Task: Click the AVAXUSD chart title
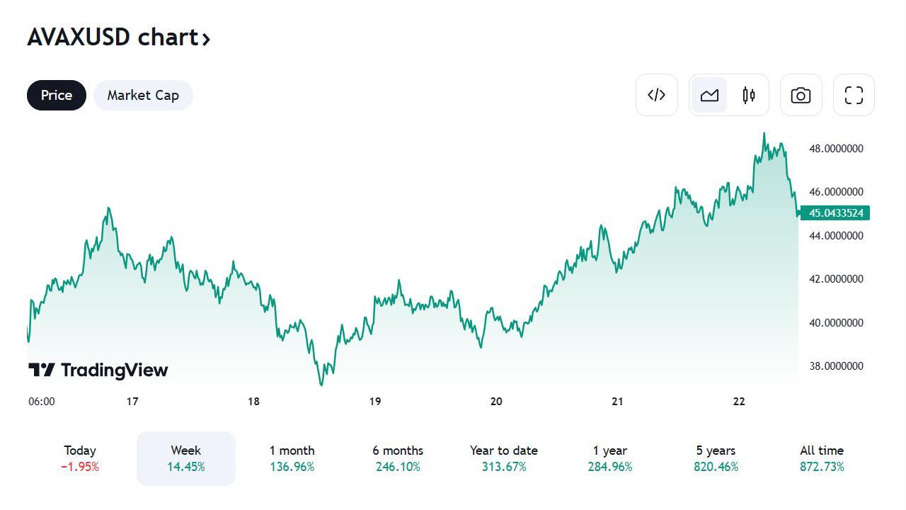[x=118, y=37]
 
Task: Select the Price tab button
[x=57, y=95]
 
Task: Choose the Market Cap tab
[x=143, y=95]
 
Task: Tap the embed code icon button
[x=657, y=95]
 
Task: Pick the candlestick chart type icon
[x=749, y=95]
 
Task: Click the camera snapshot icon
[x=801, y=95]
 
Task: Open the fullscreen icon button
[x=854, y=95]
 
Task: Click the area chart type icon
[x=709, y=95]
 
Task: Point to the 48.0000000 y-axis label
[x=836, y=149]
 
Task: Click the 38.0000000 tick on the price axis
[x=836, y=366]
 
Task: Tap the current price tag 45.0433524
[x=835, y=213]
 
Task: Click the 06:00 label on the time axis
[x=42, y=402]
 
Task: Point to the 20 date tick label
[x=496, y=402]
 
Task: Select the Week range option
[x=185, y=458]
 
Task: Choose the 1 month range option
[x=292, y=458]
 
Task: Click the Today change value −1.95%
[x=80, y=467]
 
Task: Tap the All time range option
[x=822, y=458]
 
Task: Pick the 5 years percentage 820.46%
[x=716, y=467]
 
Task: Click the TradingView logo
[x=98, y=370]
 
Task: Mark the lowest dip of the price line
[x=321, y=385]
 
